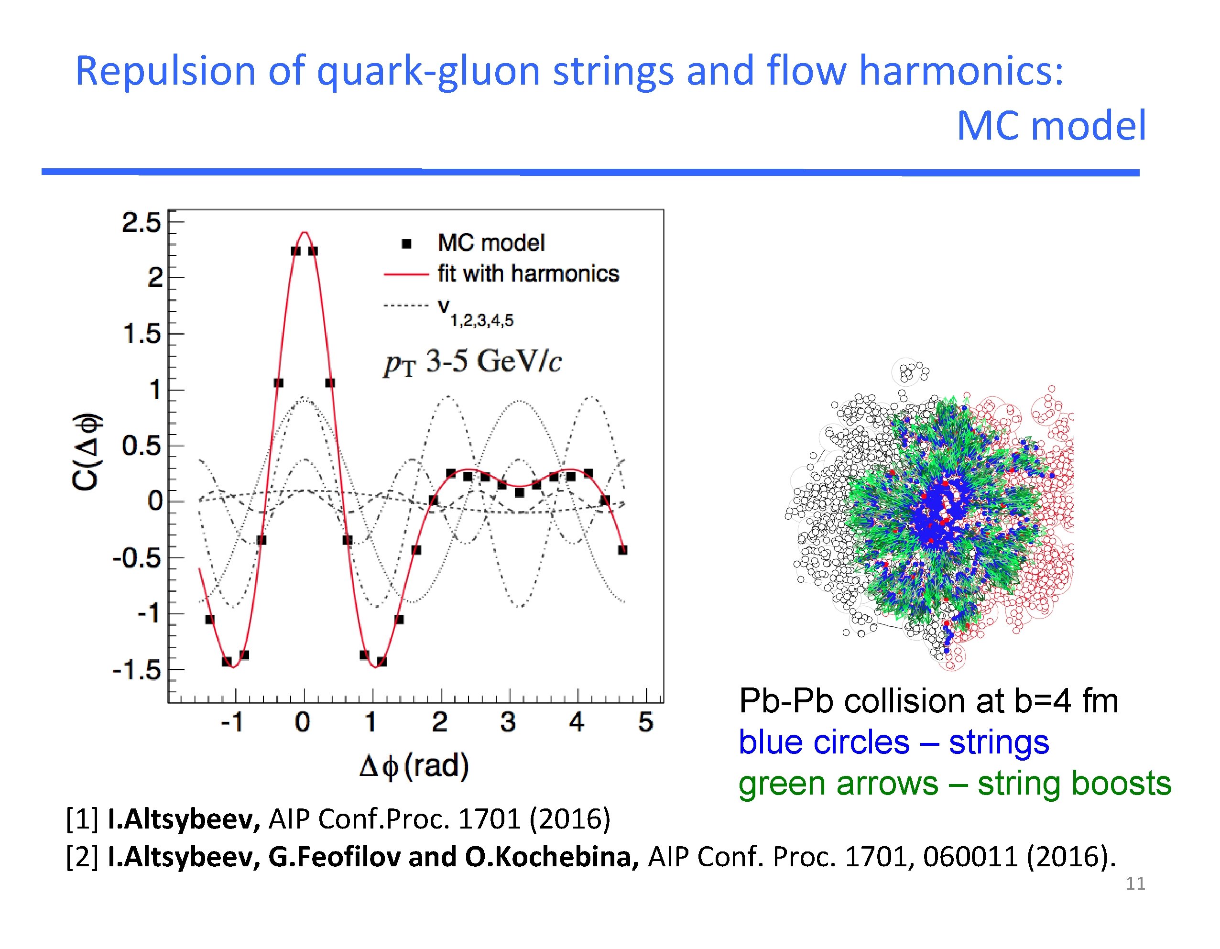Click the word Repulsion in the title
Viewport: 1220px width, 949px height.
click(165, 72)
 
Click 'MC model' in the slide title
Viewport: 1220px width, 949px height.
click(1051, 126)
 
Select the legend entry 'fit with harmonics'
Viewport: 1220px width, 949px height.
click(528, 273)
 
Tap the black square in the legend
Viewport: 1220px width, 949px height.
click(407, 243)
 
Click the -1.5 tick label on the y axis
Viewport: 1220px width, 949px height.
click(137, 669)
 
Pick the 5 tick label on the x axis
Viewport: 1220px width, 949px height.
click(646, 722)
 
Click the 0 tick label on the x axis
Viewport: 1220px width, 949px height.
click(303, 722)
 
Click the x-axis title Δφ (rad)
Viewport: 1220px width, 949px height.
click(414, 766)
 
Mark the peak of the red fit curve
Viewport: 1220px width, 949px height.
click(305, 232)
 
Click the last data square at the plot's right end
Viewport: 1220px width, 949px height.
click(623, 550)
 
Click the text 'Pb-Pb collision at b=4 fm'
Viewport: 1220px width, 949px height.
click(928, 701)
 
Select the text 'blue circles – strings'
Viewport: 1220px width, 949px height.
click(894, 742)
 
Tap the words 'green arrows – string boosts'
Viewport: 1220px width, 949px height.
click(955, 783)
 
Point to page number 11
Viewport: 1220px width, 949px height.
click(1135, 883)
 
